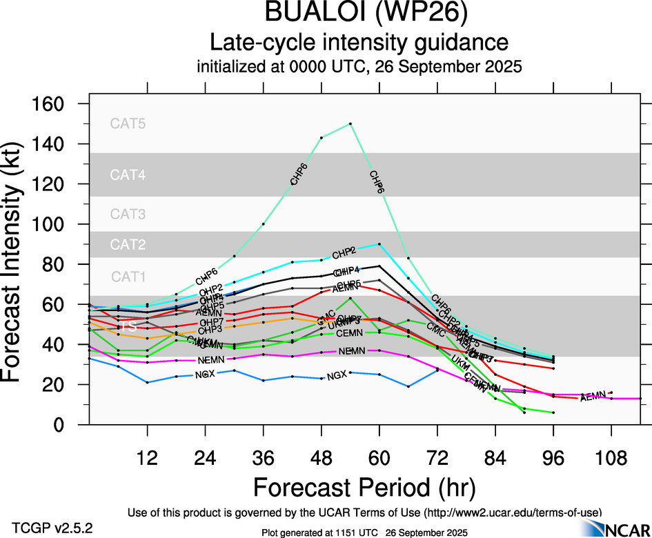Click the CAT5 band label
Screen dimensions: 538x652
coord(128,124)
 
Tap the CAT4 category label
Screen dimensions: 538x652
coord(128,175)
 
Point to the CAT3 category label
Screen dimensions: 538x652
coord(128,215)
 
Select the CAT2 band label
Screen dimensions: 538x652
coord(128,245)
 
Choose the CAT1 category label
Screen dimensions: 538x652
coord(128,277)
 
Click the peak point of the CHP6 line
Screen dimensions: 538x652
coord(350,123)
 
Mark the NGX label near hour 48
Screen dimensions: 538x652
coord(337,376)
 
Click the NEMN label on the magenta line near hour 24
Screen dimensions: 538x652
coord(210,361)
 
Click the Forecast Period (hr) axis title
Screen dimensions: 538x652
coord(364,488)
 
